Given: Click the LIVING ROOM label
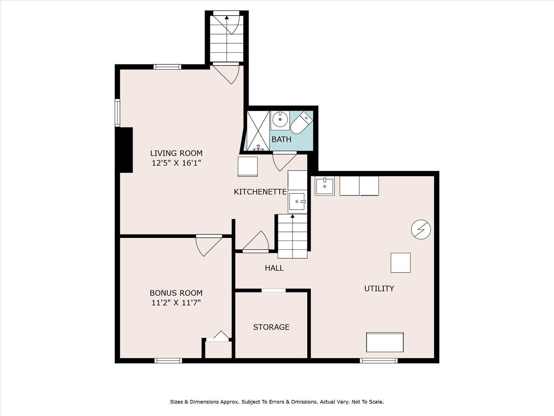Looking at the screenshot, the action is (x=176, y=153).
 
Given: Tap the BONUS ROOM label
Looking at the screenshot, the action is (x=176, y=293).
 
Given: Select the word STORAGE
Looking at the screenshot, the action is (x=271, y=327).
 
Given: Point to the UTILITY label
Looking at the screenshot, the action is (x=379, y=288).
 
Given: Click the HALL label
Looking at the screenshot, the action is (x=274, y=268).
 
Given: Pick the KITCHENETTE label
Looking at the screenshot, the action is (x=260, y=192).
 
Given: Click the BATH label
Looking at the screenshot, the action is (x=281, y=139).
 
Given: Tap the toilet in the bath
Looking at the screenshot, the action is (x=302, y=123).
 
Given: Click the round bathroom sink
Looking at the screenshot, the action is (x=280, y=120).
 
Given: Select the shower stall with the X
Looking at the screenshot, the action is (x=257, y=131).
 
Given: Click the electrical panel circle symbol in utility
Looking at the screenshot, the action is (x=421, y=230).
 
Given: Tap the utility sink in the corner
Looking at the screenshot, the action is (x=325, y=186).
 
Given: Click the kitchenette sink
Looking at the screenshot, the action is (x=298, y=201).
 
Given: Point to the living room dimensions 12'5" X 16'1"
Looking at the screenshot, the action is (x=176, y=163).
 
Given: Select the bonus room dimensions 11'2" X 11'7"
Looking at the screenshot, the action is (x=176, y=302).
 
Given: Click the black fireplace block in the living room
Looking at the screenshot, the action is (x=124, y=150).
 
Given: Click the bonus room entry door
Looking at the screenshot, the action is (x=208, y=246).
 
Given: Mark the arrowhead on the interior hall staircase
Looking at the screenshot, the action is (x=293, y=216).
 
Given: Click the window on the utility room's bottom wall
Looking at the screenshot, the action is (x=379, y=361).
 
